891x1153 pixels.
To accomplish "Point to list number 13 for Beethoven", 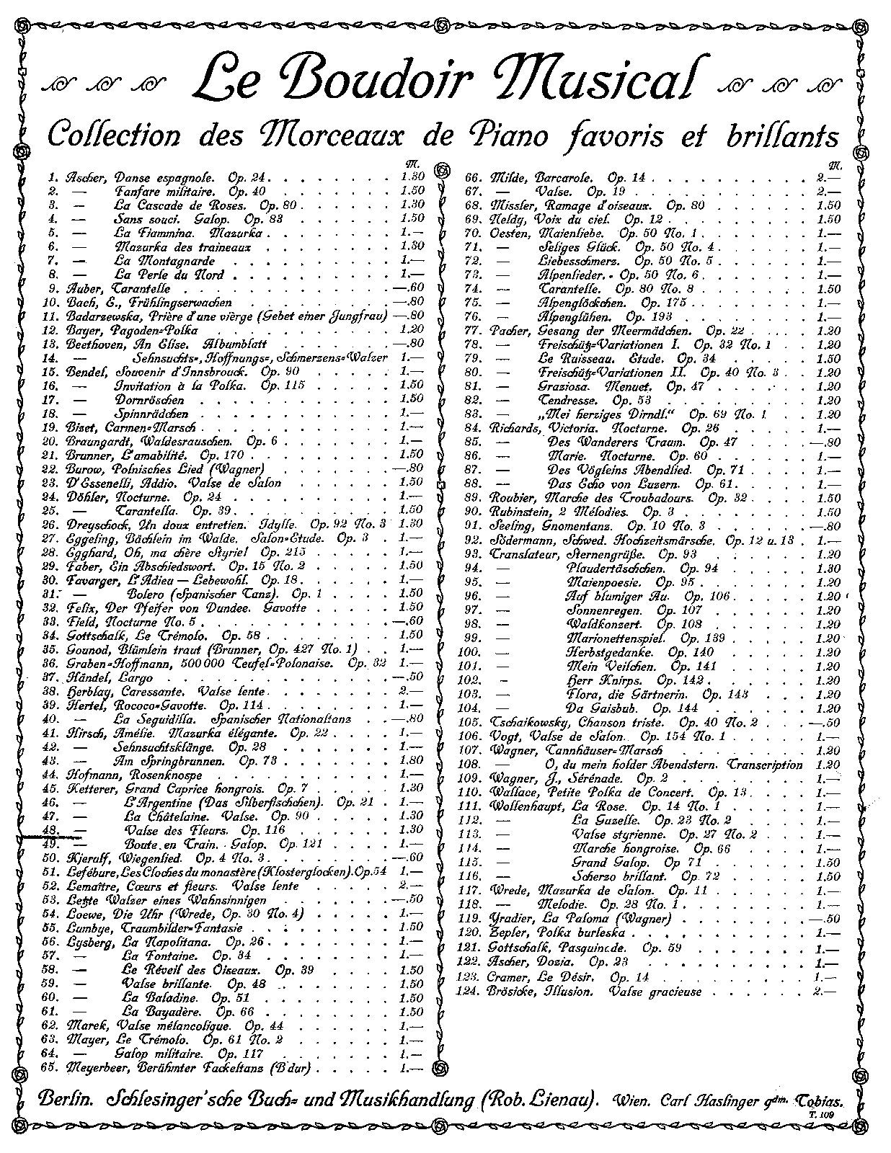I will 51,344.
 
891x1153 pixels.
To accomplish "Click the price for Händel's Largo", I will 412,678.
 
